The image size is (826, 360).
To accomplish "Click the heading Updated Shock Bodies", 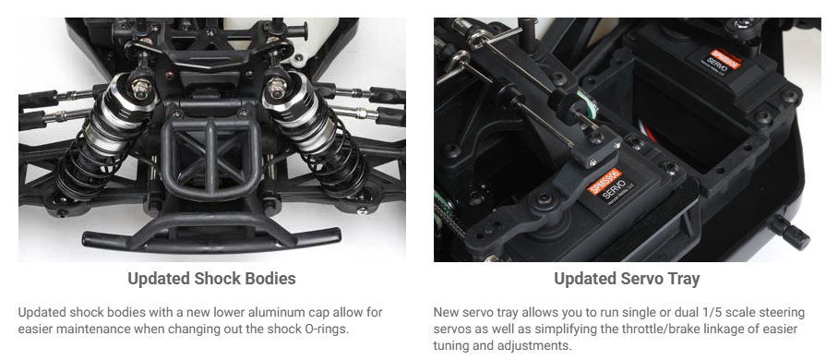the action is (211, 278).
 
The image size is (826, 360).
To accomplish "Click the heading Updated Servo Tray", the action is (627, 278).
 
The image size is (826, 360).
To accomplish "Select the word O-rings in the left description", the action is (327, 329).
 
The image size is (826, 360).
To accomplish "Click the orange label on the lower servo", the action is (605, 181).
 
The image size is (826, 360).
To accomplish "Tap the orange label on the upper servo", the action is (724, 58).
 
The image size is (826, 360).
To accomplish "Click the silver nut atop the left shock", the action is (140, 88).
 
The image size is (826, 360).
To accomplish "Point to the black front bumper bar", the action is (211, 239).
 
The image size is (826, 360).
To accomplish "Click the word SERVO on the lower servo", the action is (615, 190).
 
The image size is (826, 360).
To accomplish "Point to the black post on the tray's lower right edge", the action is (790, 232).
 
